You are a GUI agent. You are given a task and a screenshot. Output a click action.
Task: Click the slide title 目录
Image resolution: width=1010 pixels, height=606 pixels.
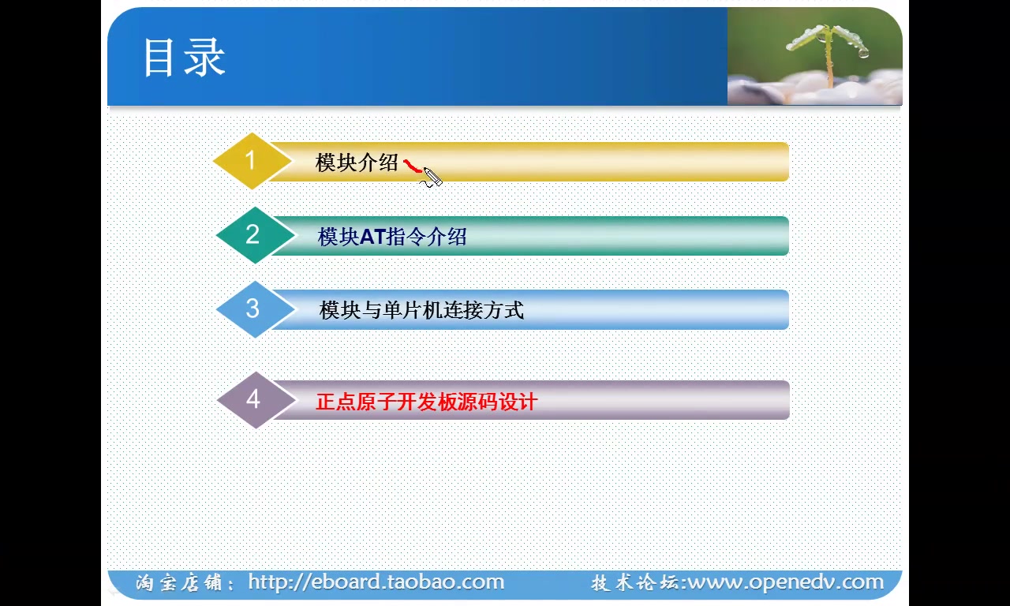click(184, 58)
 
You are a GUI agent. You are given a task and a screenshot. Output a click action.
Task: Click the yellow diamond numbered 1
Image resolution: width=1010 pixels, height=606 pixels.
click(251, 161)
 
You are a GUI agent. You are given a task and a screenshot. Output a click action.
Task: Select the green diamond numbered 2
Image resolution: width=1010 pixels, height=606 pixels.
click(253, 234)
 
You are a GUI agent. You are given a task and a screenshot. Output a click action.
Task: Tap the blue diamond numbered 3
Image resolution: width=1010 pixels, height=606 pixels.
click(253, 309)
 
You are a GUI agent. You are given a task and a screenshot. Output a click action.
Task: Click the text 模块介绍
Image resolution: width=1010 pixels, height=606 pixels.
click(357, 163)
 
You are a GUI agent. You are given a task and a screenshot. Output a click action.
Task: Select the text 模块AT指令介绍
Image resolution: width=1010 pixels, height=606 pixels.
click(392, 237)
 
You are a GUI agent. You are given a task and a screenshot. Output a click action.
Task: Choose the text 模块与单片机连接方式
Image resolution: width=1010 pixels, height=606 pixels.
click(421, 310)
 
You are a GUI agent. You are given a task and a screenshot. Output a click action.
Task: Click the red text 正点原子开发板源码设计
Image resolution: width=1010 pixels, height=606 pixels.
click(426, 402)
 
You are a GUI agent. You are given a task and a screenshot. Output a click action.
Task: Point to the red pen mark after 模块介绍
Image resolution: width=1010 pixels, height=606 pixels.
click(412, 166)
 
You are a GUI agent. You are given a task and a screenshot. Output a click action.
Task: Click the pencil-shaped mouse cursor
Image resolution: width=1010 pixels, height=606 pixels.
click(432, 178)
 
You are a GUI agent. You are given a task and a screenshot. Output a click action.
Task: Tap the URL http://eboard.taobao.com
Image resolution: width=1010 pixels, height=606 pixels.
click(376, 582)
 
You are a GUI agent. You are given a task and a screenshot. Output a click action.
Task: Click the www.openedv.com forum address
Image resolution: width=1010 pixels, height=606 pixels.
click(786, 582)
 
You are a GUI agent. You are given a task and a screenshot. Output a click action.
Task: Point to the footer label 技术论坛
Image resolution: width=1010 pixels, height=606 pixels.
click(635, 583)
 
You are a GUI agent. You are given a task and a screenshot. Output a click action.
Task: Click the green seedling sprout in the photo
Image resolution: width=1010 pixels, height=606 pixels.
click(828, 51)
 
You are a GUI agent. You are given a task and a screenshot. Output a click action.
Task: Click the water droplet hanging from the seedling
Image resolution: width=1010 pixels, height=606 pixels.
click(863, 53)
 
